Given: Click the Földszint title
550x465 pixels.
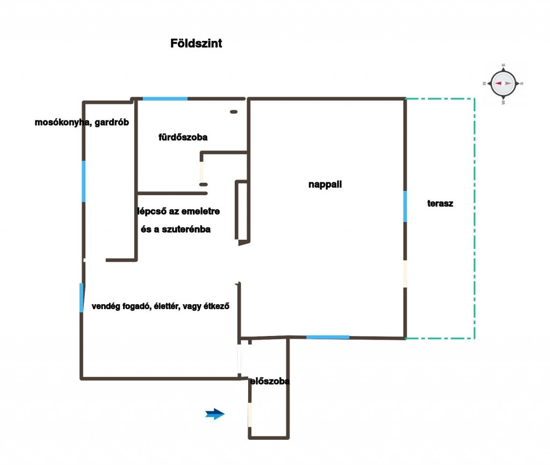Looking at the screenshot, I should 196,44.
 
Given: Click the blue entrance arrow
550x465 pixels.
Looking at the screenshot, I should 215,413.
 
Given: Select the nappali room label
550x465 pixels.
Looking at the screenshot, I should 325,184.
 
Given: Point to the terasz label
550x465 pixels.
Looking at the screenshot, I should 440,204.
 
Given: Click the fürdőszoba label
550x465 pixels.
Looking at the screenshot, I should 183,137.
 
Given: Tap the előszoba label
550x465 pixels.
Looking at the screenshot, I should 270,382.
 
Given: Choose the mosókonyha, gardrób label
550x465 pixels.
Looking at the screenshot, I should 82,122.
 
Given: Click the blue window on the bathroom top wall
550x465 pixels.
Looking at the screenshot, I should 165,98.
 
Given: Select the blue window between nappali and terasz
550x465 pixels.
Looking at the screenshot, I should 405,206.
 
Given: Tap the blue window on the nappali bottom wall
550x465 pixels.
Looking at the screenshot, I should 328,337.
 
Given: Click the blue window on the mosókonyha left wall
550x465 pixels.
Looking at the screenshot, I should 83,181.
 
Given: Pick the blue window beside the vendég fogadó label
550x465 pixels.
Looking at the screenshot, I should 81,298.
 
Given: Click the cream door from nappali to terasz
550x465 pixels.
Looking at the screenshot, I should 405,274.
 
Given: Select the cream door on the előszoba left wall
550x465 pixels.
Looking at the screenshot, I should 250,414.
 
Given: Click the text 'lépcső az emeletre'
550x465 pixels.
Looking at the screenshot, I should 178,211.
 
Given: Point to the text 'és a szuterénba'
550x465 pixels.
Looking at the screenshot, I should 175,229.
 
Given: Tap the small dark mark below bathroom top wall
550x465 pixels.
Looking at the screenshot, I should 234,112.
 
